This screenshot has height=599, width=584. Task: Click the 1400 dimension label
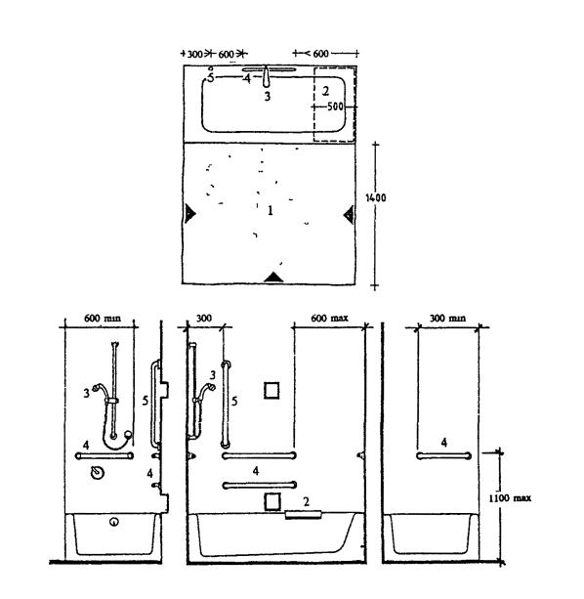coord(376,198)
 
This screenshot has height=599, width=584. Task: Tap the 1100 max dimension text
coord(510,498)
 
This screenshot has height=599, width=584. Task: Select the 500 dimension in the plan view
coord(336,107)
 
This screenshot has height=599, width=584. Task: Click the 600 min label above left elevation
coord(102,319)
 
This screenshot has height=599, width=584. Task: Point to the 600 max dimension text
coord(329,319)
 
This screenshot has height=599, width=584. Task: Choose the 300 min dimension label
coord(447,319)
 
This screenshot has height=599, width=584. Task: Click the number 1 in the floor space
coord(271,210)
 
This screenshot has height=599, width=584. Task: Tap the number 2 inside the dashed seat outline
coord(325,91)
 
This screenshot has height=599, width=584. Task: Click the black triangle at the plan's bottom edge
coord(273,278)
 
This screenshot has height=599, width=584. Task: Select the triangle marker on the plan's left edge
coord(190,213)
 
